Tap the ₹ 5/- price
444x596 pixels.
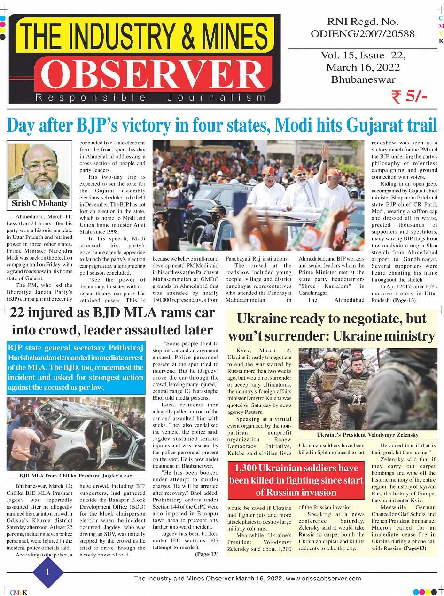click(x=409, y=96)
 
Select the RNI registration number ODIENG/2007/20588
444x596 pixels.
click(x=362, y=34)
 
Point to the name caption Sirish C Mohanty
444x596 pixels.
click(x=39, y=203)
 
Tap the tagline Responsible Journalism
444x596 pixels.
click(x=150, y=98)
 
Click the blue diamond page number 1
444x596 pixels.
click(x=47, y=572)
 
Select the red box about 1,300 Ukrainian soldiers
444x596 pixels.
click(x=296, y=480)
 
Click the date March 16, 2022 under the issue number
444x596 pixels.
click(x=363, y=67)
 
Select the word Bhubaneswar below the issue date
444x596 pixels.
click(x=363, y=79)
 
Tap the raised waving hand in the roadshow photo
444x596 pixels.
click(x=325, y=152)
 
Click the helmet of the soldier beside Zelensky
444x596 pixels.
click(x=331, y=356)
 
